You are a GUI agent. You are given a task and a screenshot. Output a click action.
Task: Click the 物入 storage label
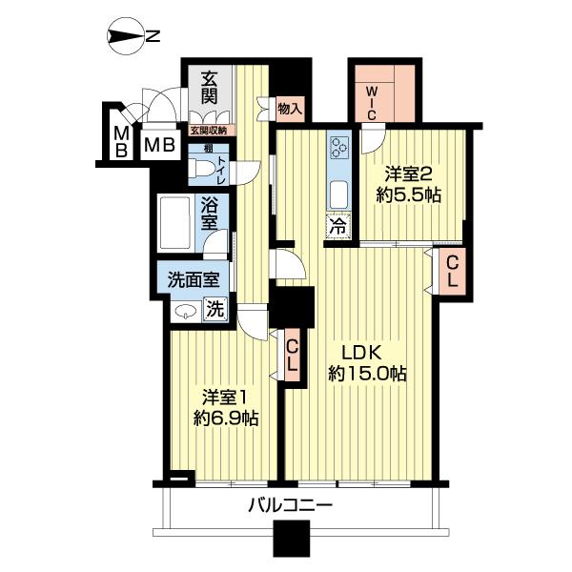pyautogui.click(x=291, y=109)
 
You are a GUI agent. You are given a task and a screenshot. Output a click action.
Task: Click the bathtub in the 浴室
pyautogui.click(x=174, y=223)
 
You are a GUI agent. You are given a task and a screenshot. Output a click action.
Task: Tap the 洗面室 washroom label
pyautogui.click(x=194, y=280)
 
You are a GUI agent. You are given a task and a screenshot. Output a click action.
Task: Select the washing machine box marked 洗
pyautogui.click(x=215, y=309)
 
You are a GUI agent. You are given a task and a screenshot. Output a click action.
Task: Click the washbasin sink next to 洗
pyautogui.click(x=186, y=311)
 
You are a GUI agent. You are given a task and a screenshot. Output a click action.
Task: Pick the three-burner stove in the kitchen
pyautogui.click(x=339, y=147)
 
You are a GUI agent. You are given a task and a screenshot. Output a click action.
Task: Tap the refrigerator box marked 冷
pyautogui.click(x=338, y=226)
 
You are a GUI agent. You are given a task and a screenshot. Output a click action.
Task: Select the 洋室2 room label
pyautogui.click(x=409, y=174)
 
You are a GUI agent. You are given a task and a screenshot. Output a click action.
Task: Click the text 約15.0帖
pyautogui.click(x=367, y=373)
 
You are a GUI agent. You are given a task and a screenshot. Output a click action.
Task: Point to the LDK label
pyautogui.click(x=361, y=353)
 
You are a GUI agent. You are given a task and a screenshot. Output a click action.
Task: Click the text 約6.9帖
pyautogui.click(x=226, y=419)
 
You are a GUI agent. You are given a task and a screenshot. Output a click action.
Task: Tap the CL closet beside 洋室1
pyautogui.click(x=294, y=356)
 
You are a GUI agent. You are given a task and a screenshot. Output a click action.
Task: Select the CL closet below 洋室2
pyautogui.click(x=452, y=272)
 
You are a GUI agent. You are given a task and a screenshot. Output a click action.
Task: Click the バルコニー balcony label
pyautogui.click(x=291, y=505)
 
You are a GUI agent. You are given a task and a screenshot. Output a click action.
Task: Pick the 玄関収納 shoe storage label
pyautogui.click(x=209, y=131)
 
